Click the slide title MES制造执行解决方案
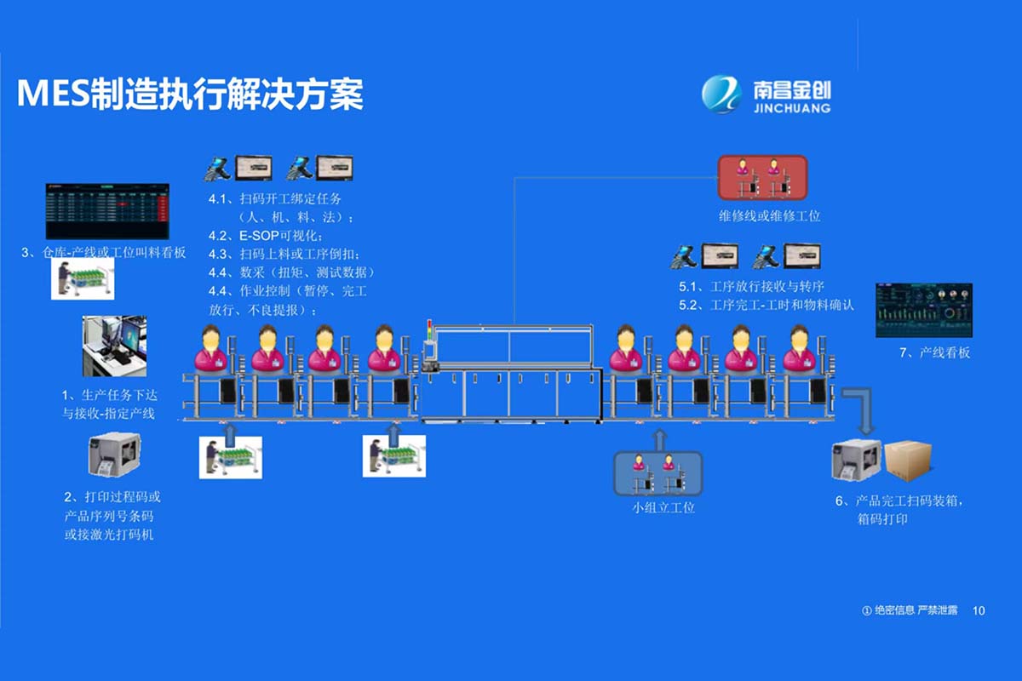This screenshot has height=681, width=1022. coord(190,94)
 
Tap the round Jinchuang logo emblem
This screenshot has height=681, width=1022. coord(721,94)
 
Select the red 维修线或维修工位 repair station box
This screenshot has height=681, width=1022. coord(761,177)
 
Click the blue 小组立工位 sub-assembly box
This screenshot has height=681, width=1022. coord(658,473)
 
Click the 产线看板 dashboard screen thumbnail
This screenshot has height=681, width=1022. coord(923,311)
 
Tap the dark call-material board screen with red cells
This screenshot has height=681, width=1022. coord(107,211)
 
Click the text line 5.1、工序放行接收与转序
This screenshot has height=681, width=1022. coord(751,287)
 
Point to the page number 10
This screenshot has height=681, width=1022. coord(979,610)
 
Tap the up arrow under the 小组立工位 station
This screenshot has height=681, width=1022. coord(658,438)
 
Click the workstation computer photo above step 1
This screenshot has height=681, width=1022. coord(114,346)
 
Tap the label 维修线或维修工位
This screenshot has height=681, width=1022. coord(769,216)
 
